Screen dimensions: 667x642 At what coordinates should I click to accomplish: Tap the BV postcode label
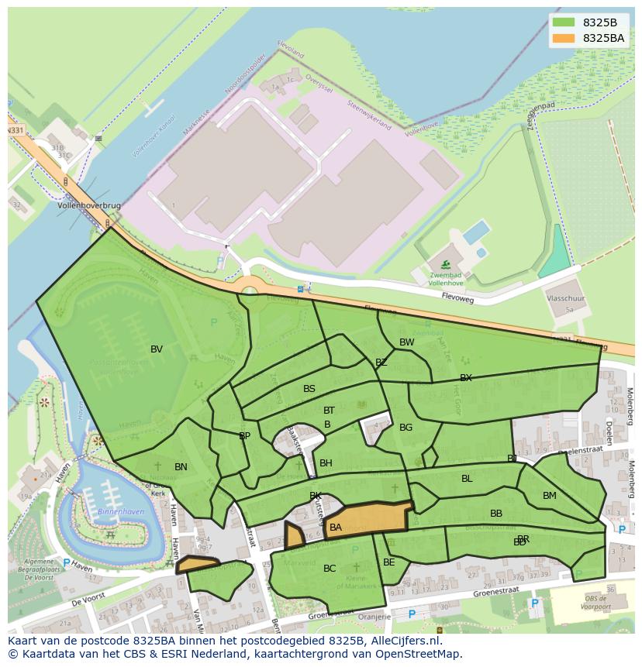(x=157, y=349)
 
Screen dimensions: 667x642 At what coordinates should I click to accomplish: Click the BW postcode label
(x=406, y=342)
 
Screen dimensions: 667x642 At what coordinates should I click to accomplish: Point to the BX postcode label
(x=465, y=378)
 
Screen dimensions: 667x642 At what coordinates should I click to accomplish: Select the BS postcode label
(x=309, y=389)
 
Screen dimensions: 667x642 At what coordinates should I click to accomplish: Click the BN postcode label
(x=181, y=467)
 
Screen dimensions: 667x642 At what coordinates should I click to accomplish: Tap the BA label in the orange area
(x=336, y=528)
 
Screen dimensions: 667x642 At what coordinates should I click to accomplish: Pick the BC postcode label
(x=330, y=569)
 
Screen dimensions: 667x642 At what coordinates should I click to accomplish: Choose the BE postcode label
(x=389, y=562)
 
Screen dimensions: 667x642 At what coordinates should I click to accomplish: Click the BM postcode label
(x=549, y=496)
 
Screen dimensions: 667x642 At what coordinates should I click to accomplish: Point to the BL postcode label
(x=467, y=479)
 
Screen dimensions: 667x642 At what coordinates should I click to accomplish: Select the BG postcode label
(x=406, y=428)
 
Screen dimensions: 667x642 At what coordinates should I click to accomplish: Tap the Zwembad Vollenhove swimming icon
(x=445, y=265)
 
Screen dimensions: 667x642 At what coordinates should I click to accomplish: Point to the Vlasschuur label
(x=565, y=297)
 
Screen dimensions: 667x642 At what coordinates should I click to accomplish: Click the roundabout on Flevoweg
(x=249, y=291)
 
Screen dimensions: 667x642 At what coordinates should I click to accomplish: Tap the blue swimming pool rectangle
(x=475, y=232)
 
